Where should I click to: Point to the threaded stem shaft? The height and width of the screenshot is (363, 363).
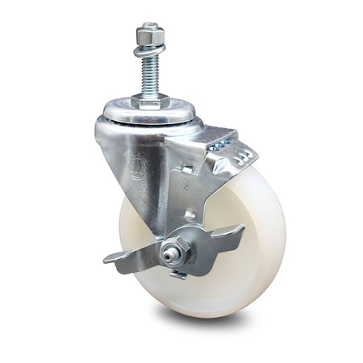pyautogui.click(x=151, y=73)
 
